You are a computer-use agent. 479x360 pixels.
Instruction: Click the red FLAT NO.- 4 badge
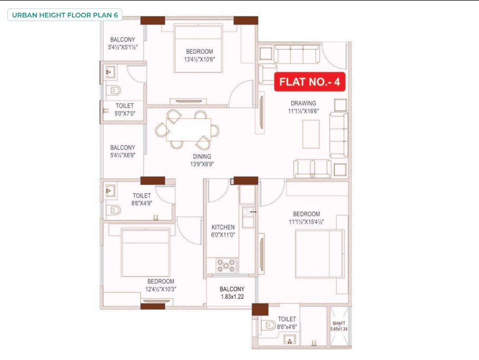coord(310,82)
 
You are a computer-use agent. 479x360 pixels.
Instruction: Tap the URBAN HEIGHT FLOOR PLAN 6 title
coord(65,15)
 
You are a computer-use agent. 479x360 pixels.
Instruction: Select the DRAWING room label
coord(303,103)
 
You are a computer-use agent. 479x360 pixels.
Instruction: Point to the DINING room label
coord(202,156)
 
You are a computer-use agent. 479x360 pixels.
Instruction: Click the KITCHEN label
coord(223,228)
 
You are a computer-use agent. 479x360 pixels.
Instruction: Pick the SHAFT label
coord(339,324)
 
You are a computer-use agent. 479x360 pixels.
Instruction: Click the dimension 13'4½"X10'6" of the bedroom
coord(199,59)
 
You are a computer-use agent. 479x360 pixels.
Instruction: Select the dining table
coord(188,129)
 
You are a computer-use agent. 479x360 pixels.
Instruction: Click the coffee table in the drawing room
coord(311,134)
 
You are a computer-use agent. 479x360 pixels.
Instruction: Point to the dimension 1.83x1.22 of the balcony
coord(232,297)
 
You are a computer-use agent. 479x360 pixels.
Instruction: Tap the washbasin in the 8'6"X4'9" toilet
coord(110,191)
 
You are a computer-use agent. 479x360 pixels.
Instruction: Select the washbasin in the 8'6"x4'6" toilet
coord(289,339)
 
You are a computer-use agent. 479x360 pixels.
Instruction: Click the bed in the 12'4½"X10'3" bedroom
coord(145,253)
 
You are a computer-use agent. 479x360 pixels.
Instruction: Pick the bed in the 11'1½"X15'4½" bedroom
coord(320,254)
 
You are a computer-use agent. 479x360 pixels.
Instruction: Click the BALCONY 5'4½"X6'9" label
coord(122,151)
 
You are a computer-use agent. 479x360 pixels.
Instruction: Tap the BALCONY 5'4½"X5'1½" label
coord(122,43)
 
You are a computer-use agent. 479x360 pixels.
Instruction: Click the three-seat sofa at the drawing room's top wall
coord(297,54)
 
